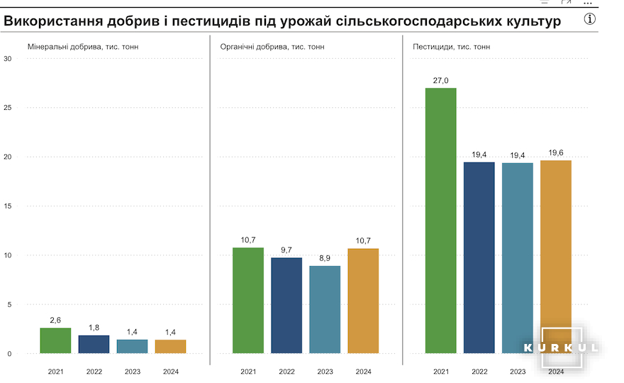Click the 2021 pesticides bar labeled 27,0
coord(441,220)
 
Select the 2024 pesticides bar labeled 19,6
coord(556,255)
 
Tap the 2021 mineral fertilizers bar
coord(55,340)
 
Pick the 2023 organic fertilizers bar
coord(325,309)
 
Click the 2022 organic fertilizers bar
coord(286,305)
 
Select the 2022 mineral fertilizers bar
coord(94,344)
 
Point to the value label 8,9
coord(325,258)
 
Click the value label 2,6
coord(55,320)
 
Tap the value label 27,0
coord(441,80)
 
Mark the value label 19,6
coord(556,152)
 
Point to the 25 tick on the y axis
coord(8,108)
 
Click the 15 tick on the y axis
coord(8,206)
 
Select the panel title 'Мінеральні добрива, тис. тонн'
coord(83,47)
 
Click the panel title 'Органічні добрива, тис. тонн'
coord(273,47)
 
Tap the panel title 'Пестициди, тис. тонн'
coord(451,47)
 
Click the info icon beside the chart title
coord(590,19)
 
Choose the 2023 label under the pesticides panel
coord(518,371)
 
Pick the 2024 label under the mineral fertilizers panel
coord(171,371)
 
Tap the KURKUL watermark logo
coord(562,348)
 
